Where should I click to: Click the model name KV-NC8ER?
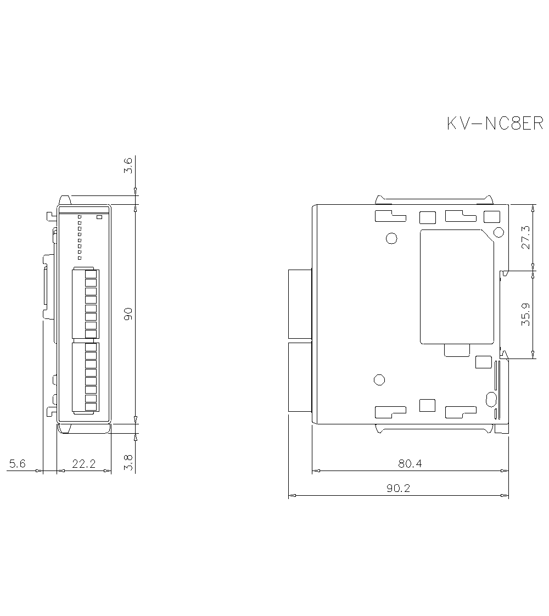click(x=495, y=124)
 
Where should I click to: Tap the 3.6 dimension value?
click(x=128, y=165)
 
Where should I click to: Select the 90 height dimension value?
click(x=128, y=314)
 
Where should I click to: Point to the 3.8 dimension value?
click(x=128, y=462)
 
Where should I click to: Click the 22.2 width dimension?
click(x=83, y=464)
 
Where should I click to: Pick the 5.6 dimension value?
click(x=17, y=464)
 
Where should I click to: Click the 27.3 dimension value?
click(x=525, y=237)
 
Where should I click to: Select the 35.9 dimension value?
click(x=525, y=314)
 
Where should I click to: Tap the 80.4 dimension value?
click(x=410, y=464)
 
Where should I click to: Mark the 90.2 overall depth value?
click(x=398, y=488)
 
